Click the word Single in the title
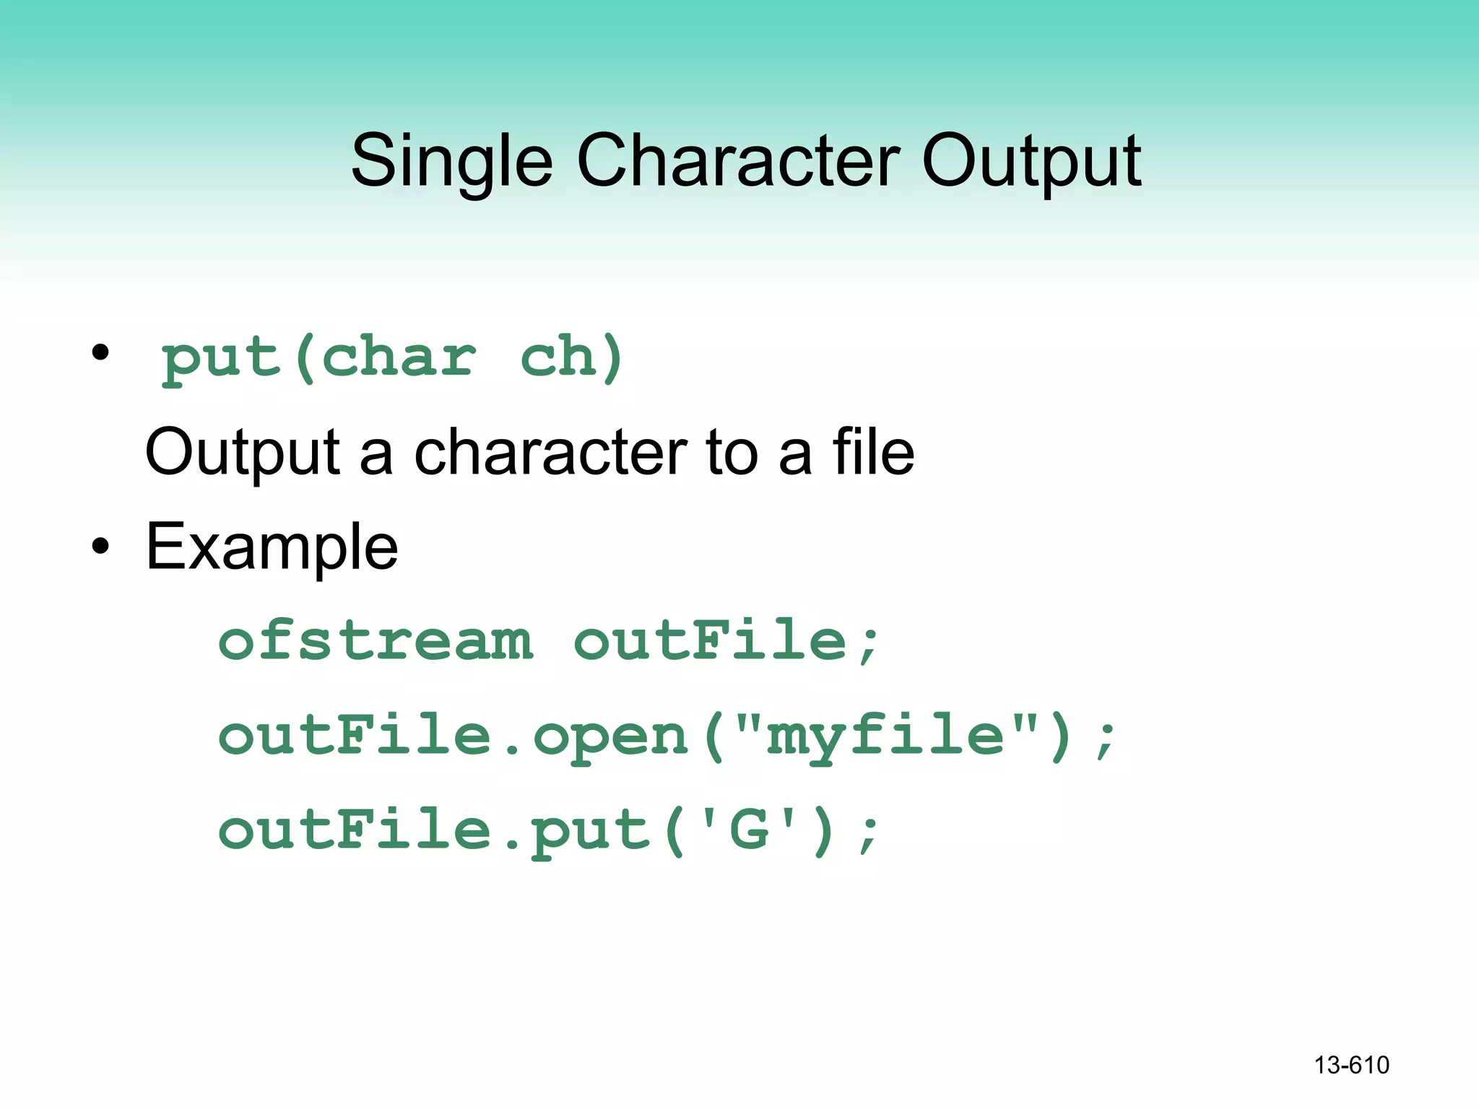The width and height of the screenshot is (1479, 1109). (x=451, y=162)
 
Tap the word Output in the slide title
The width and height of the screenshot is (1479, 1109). (x=1031, y=162)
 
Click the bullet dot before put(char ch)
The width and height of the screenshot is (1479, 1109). (x=100, y=353)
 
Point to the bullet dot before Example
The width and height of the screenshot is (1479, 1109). (x=100, y=547)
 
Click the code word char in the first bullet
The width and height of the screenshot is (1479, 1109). (x=399, y=357)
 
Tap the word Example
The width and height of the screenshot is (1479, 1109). (x=272, y=547)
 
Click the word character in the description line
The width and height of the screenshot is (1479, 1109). (x=550, y=453)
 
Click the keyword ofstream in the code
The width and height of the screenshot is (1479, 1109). (x=376, y=641)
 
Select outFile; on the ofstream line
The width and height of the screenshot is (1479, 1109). (x=727, y=641)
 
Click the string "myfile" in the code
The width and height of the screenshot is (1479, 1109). (x=885, y=736)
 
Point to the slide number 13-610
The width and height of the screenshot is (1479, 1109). (x=1351, y=1065)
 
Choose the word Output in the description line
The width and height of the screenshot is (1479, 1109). (x=243, y=453)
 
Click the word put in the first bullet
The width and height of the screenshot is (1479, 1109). (x=221, y=358)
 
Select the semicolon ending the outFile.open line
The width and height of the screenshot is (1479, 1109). (x=1105, y=740)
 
